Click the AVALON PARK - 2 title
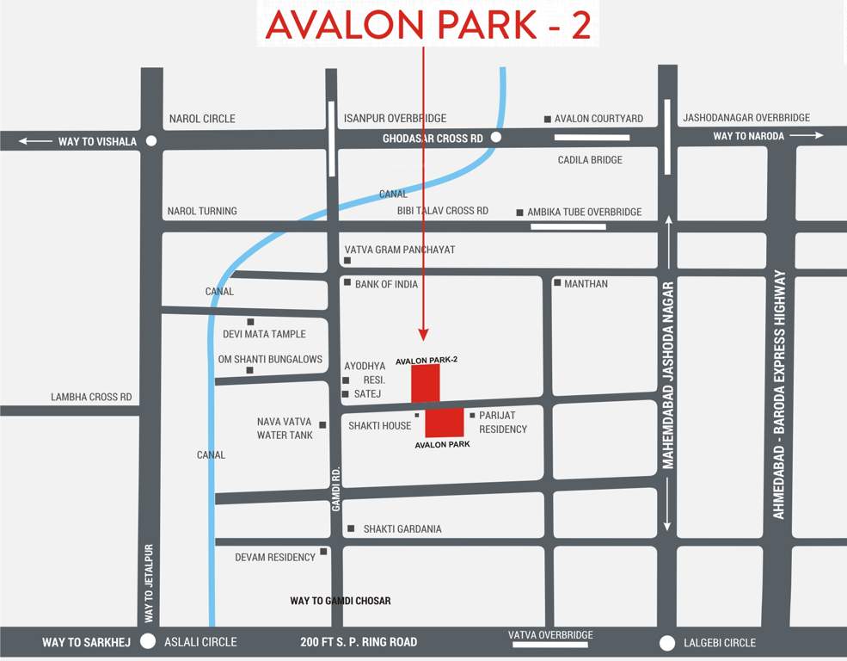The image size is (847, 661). (427, 25)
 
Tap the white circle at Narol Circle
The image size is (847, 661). (151, 141)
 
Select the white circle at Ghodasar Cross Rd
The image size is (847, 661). (495, 137)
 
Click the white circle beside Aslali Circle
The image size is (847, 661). (148, 641)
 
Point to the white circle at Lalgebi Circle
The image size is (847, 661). (666, 643)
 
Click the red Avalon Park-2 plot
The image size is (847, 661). (425, 382)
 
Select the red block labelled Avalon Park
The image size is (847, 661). (445, 422)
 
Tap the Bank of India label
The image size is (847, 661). (386, 284)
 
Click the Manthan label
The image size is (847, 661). (586, 283)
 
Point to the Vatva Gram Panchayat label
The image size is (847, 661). (400, 250)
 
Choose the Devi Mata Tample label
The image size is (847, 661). (264, 334)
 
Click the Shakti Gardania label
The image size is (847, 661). (402, 528)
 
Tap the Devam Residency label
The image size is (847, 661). (275, 557)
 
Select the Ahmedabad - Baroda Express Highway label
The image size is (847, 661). (779, 394)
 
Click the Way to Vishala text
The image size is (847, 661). (97, 141)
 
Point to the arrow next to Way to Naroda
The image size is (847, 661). (807, 136)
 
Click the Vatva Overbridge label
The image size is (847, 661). (550, 635)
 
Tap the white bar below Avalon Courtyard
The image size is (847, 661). (592, 137)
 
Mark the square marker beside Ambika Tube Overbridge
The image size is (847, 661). (519, 213)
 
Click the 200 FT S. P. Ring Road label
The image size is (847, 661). (359, 642)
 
